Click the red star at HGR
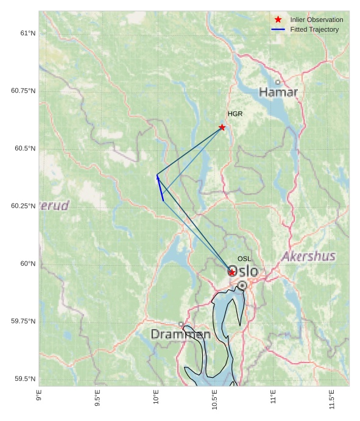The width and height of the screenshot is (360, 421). [222, 127]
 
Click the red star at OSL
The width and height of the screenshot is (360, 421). [232, 272]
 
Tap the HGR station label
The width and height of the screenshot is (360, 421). [235, 114]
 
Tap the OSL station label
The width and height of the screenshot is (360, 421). [244, 259]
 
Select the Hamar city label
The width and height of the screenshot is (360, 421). [278, 92]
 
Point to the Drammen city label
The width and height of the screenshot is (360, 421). [180, 334]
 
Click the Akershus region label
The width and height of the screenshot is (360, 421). [308, 256]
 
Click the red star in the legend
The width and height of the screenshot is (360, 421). [278, 19]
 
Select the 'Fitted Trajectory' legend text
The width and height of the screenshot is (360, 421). [314, 29]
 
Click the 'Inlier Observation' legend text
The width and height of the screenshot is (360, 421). [317, 19]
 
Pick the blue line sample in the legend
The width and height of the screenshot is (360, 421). [278, 29]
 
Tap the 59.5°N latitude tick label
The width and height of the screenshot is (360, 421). [25, 379]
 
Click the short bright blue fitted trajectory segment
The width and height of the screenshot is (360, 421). [160, 188]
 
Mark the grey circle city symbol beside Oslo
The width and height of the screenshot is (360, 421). [242, 285]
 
